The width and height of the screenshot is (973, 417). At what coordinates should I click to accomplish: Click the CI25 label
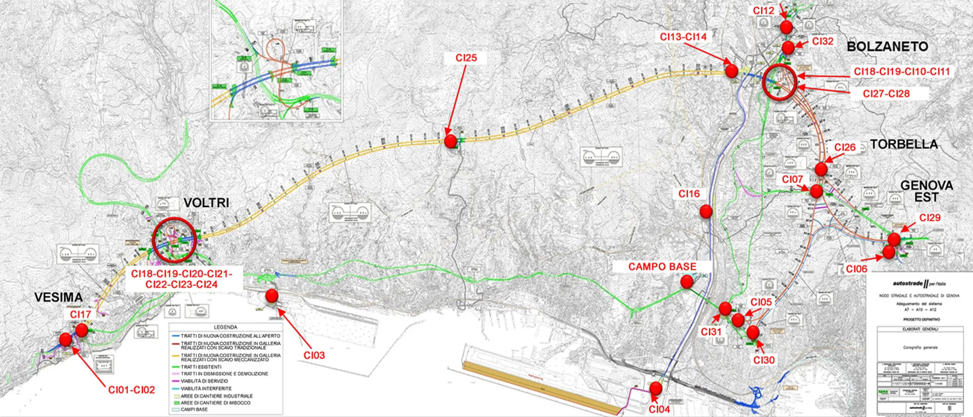coord(466,58)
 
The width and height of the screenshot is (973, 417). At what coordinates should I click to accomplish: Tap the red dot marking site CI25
coord(450,141)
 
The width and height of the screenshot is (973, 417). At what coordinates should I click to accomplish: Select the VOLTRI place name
coord(206,203)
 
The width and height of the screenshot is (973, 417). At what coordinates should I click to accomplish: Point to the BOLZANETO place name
coord(887,47)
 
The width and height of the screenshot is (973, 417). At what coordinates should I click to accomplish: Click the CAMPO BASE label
coord(662,267)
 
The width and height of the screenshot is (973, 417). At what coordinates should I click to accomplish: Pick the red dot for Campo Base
coord(687,281)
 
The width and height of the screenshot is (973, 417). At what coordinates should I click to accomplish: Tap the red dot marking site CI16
coord(706,212)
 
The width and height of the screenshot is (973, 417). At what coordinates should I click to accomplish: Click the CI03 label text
coord(314,355)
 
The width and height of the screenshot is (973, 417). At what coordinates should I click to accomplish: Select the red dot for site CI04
coord(656,388)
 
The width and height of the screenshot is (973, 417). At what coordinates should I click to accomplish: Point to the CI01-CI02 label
coord(131,390)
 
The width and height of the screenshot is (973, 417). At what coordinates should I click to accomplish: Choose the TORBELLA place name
coord(904,144)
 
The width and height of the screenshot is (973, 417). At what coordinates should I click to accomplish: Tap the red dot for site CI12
coord(786,27)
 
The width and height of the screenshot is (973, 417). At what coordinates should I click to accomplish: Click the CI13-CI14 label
coord(683,36)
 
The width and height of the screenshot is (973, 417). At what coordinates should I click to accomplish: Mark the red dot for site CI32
coord(788,48)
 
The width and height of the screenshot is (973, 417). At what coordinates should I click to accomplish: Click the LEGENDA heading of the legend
coord(226,327)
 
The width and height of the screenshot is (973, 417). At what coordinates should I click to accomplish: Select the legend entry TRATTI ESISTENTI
coord(201,367)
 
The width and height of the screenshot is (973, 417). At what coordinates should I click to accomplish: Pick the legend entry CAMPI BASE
coord(194,409)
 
